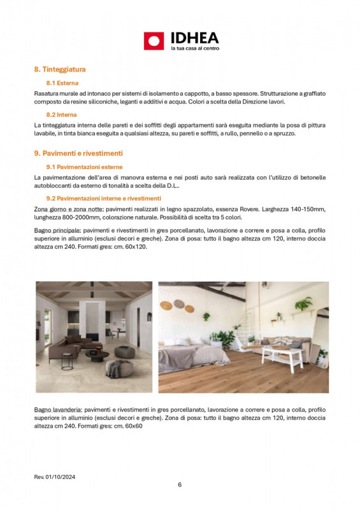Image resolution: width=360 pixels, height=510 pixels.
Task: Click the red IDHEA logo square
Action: pos(154,41)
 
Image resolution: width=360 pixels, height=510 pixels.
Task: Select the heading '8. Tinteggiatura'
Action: pos(59,69)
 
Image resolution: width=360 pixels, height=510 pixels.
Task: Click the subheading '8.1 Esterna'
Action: pos(62,83)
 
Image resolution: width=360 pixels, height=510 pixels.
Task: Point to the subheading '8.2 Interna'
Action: pos(62,114)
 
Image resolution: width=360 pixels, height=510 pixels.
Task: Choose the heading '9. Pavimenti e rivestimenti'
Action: pos(78,154)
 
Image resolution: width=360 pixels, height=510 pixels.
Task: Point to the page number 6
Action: pos(180,484)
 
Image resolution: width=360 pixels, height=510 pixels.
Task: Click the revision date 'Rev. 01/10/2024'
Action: pos(57,476)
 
